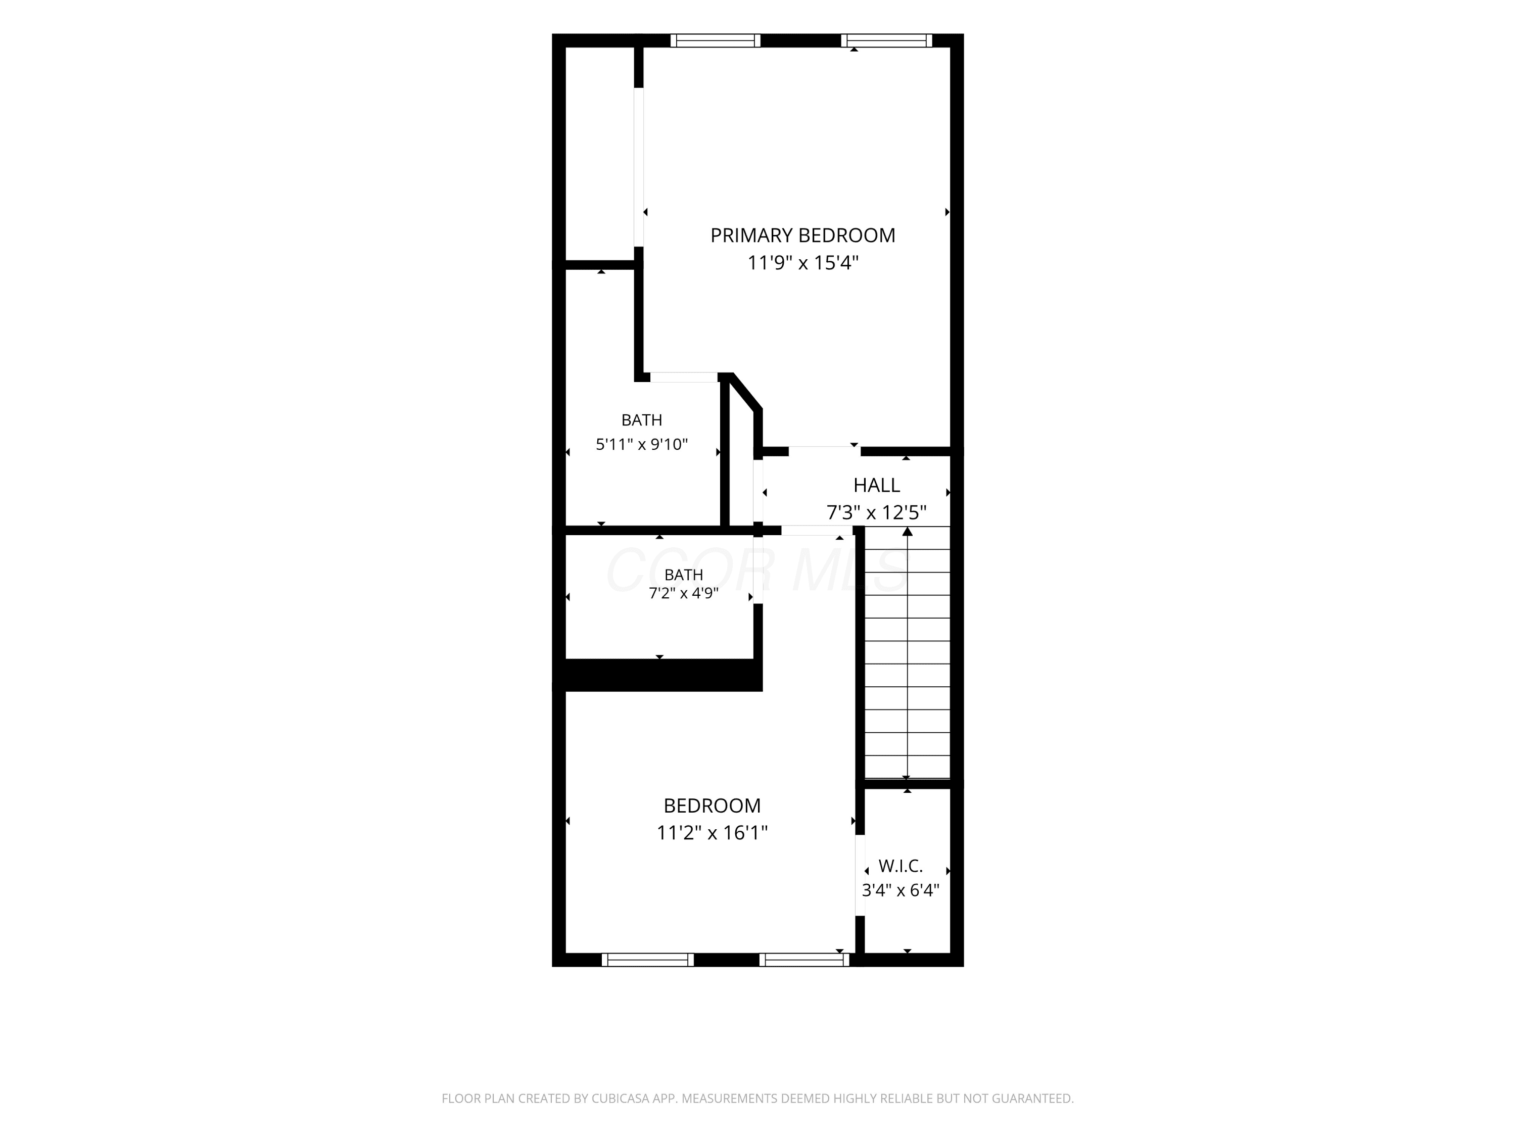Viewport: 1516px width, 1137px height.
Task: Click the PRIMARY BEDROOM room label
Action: [802, 235]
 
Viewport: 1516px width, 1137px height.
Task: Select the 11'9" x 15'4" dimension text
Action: [802, 262]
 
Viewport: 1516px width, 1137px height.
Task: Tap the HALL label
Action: [877, 485]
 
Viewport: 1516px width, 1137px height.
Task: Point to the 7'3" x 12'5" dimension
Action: [877, 512]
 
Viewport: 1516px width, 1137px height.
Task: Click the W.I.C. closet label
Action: [901, 866]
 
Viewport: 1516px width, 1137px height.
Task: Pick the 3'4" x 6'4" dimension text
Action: [901, 890]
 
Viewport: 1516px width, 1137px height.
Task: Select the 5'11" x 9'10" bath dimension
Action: [641, 444]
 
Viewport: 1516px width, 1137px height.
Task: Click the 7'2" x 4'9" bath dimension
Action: [683, 593]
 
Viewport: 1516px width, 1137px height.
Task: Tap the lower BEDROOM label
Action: [712, 806]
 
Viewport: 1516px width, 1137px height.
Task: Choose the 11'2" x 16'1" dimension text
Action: [712, 833]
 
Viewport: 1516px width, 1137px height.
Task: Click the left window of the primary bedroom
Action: [716, 40]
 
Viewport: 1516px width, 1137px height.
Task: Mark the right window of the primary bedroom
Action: [886, 40]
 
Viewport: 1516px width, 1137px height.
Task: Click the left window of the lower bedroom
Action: [648, 960]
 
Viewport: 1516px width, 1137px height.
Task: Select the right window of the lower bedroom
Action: [804, 960]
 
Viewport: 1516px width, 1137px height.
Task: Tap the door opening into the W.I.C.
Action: [860, 875]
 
